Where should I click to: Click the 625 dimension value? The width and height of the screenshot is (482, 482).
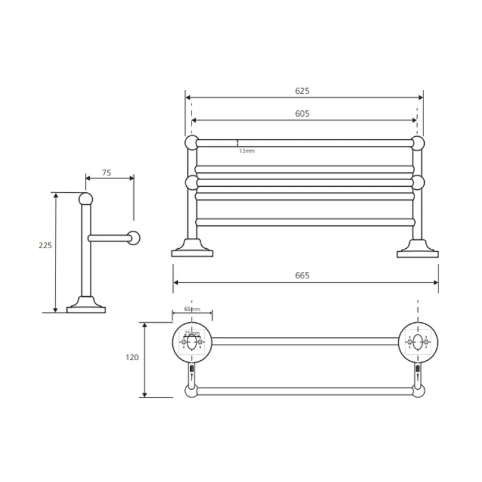(302, 91)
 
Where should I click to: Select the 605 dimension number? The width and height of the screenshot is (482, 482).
(302, 114)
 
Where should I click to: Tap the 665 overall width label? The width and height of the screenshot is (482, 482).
(302, 275)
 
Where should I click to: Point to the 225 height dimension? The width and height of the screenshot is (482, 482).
(45, 245)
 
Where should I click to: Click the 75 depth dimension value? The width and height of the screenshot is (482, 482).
(107, 173)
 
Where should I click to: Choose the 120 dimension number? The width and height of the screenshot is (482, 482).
(132, 357)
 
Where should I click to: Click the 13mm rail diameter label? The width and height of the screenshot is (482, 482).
(247, 151)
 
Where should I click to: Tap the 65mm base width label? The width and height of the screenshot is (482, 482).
(192, 309)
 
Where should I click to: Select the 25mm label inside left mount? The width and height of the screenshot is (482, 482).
(192, 333)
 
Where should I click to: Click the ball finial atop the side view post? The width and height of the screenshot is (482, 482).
(86, 199)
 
